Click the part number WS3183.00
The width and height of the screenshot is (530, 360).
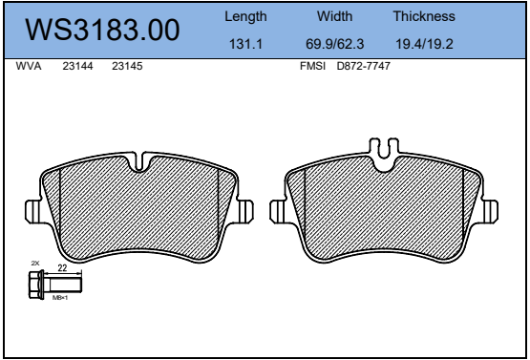[102, 30]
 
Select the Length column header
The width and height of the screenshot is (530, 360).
[245, 17]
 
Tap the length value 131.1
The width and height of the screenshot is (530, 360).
[245, 44]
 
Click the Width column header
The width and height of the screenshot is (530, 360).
[334, 16]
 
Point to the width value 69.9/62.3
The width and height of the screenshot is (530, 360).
[334, 44]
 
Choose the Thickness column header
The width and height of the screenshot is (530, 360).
[424, 16]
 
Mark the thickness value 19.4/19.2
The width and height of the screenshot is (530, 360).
[424, 44]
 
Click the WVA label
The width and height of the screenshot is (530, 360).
[29, 66]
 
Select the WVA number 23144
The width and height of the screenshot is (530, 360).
[77, 66]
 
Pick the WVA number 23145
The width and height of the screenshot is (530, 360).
[127, 66]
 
